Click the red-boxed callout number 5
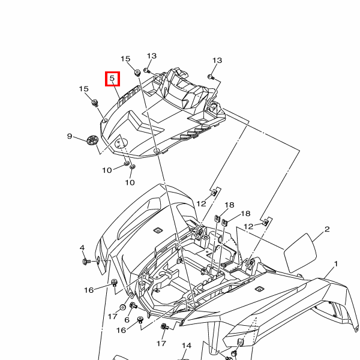pos(112,78)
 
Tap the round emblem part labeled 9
pos(92,140)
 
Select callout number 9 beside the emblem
pos(70,136)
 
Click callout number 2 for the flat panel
pos(327,229)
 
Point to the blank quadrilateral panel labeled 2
pos(301,253)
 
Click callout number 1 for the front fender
pos(335,264)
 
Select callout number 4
pos(82,248)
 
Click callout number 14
pos(187,346)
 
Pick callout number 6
pos(127,320)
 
